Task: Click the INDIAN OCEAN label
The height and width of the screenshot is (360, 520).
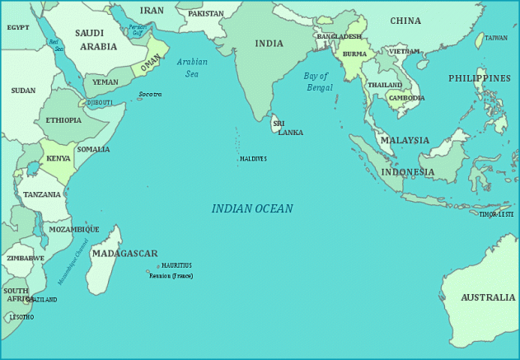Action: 252,209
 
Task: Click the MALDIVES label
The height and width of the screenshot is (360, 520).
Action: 253,158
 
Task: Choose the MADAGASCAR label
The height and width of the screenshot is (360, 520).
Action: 124,253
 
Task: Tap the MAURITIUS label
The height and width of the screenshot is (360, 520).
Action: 176,265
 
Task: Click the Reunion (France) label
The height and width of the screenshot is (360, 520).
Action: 171,275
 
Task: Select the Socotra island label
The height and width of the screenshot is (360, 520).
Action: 150,95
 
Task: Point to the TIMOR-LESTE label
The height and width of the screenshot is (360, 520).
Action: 497,214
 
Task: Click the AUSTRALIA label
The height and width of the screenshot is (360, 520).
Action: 488,297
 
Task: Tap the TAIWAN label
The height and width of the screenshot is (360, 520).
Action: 496,38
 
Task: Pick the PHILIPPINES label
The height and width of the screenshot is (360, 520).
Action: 480,78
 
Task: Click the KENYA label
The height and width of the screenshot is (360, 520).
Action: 59,158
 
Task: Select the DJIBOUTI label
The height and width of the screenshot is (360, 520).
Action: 101,103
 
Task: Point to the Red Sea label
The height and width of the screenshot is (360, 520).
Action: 56,44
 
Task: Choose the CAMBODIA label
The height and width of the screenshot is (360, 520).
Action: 406,98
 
